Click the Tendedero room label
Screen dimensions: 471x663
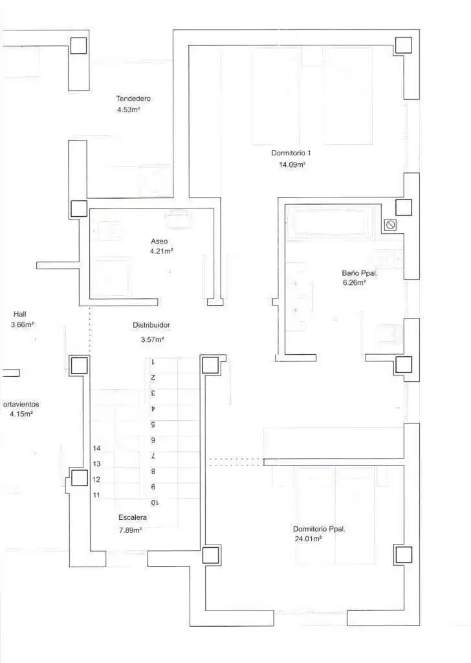(133, 98)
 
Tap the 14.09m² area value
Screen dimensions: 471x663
(292, 164)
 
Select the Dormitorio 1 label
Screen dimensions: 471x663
(291, 153)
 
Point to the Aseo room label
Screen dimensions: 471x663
(159, 242)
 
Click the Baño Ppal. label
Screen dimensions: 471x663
(360, 273)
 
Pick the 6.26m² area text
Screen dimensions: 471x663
(354, 283)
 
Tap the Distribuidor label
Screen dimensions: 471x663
(151, 325)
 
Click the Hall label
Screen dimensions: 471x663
(20, 314)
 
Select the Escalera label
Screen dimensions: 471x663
(133, 517)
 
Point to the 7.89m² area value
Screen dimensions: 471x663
(130, 530)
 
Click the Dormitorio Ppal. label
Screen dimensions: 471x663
(319, 529)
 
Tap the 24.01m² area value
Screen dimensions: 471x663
(309, 539)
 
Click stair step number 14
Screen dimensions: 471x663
(97, 448)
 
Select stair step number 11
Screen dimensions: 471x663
(97, 495)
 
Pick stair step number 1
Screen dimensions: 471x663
(153, 362)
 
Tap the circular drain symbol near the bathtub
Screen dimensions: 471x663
(390, 225)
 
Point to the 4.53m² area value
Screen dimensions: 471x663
(129, 110)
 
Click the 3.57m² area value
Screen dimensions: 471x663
(153, 339)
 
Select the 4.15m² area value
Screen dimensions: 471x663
(21, 414)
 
